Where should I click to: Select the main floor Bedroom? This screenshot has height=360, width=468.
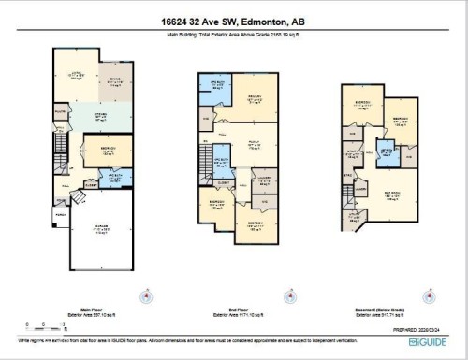click(103, 150)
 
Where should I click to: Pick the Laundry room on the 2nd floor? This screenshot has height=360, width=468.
click(264, 179)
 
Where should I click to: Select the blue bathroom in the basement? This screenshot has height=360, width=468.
click(386, 153)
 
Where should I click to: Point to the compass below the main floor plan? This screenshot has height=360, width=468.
click(145, 297)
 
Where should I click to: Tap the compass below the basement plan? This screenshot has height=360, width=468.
click(430, 297)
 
